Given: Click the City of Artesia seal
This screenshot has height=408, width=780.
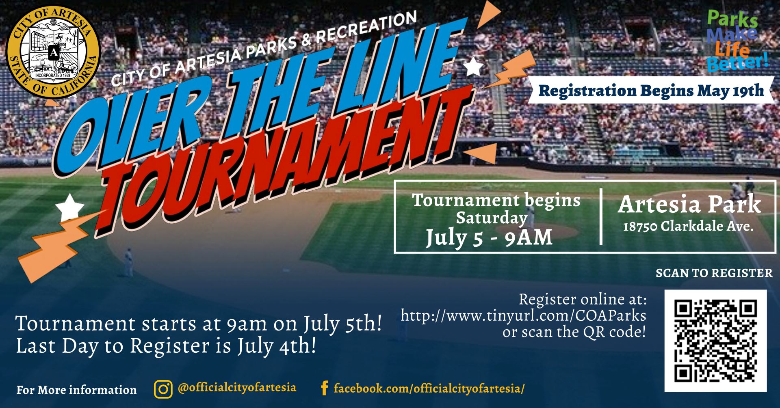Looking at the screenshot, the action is point(53,52).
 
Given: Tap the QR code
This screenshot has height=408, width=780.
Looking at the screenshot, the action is point(715,341).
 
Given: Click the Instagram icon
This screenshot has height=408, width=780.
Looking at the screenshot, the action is point(163,389).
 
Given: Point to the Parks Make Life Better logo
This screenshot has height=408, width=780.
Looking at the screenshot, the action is point(737,41).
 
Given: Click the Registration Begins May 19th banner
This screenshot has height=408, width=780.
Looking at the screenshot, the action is point(651,91).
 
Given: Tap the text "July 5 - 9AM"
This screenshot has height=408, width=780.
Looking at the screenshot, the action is point(489,238).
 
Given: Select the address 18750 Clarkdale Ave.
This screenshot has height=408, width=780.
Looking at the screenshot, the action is point(688,227).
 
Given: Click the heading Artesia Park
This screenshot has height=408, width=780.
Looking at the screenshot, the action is point(689,204).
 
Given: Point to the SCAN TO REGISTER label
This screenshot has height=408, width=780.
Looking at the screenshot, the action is point(714,273).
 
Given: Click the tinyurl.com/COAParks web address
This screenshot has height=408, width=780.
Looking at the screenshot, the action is point(523,315).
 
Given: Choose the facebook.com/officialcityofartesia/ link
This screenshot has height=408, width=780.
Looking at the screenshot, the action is point(429,389).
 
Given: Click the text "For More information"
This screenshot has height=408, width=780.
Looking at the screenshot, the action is point(76,390).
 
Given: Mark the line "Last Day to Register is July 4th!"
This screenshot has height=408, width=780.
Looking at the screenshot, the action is point(166,346).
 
